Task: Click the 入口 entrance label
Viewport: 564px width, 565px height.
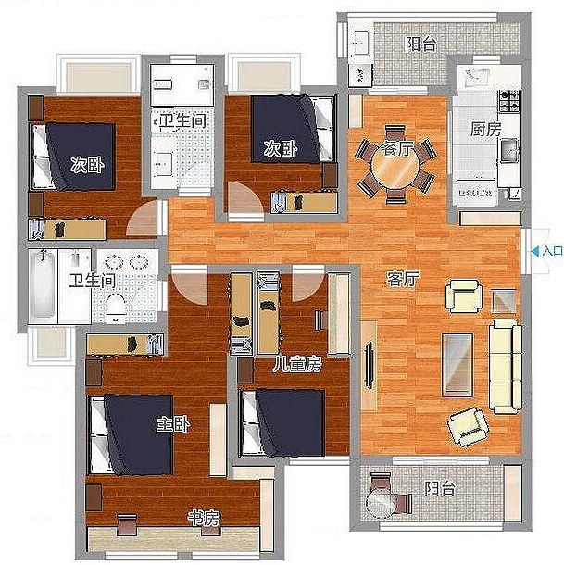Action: click(553, 251)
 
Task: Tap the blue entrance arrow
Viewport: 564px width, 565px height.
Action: click(535, 251)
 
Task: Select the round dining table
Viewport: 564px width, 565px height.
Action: click(395, 167)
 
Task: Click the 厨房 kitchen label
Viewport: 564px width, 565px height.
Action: click(486, 130)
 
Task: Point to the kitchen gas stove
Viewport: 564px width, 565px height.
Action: click(509, 101)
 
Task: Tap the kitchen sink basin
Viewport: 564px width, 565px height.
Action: click(508, 150)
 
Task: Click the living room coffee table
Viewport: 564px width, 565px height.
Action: click(457, 365)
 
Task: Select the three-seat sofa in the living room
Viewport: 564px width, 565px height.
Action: click(506, 367)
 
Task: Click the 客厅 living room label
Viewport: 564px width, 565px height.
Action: click(403, 279)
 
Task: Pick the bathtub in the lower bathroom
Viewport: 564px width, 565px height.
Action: click(43, 285)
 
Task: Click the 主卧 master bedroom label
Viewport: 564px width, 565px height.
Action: click(173, 424)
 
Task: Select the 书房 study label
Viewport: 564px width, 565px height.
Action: click(204, 518)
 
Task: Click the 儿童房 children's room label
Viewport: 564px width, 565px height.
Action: click(296, 365)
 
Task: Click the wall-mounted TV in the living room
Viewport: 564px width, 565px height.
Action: click(369, 367)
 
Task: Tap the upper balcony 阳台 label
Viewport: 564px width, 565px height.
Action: click(421, 44)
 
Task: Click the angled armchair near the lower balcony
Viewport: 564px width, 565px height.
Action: click(469, 427)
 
